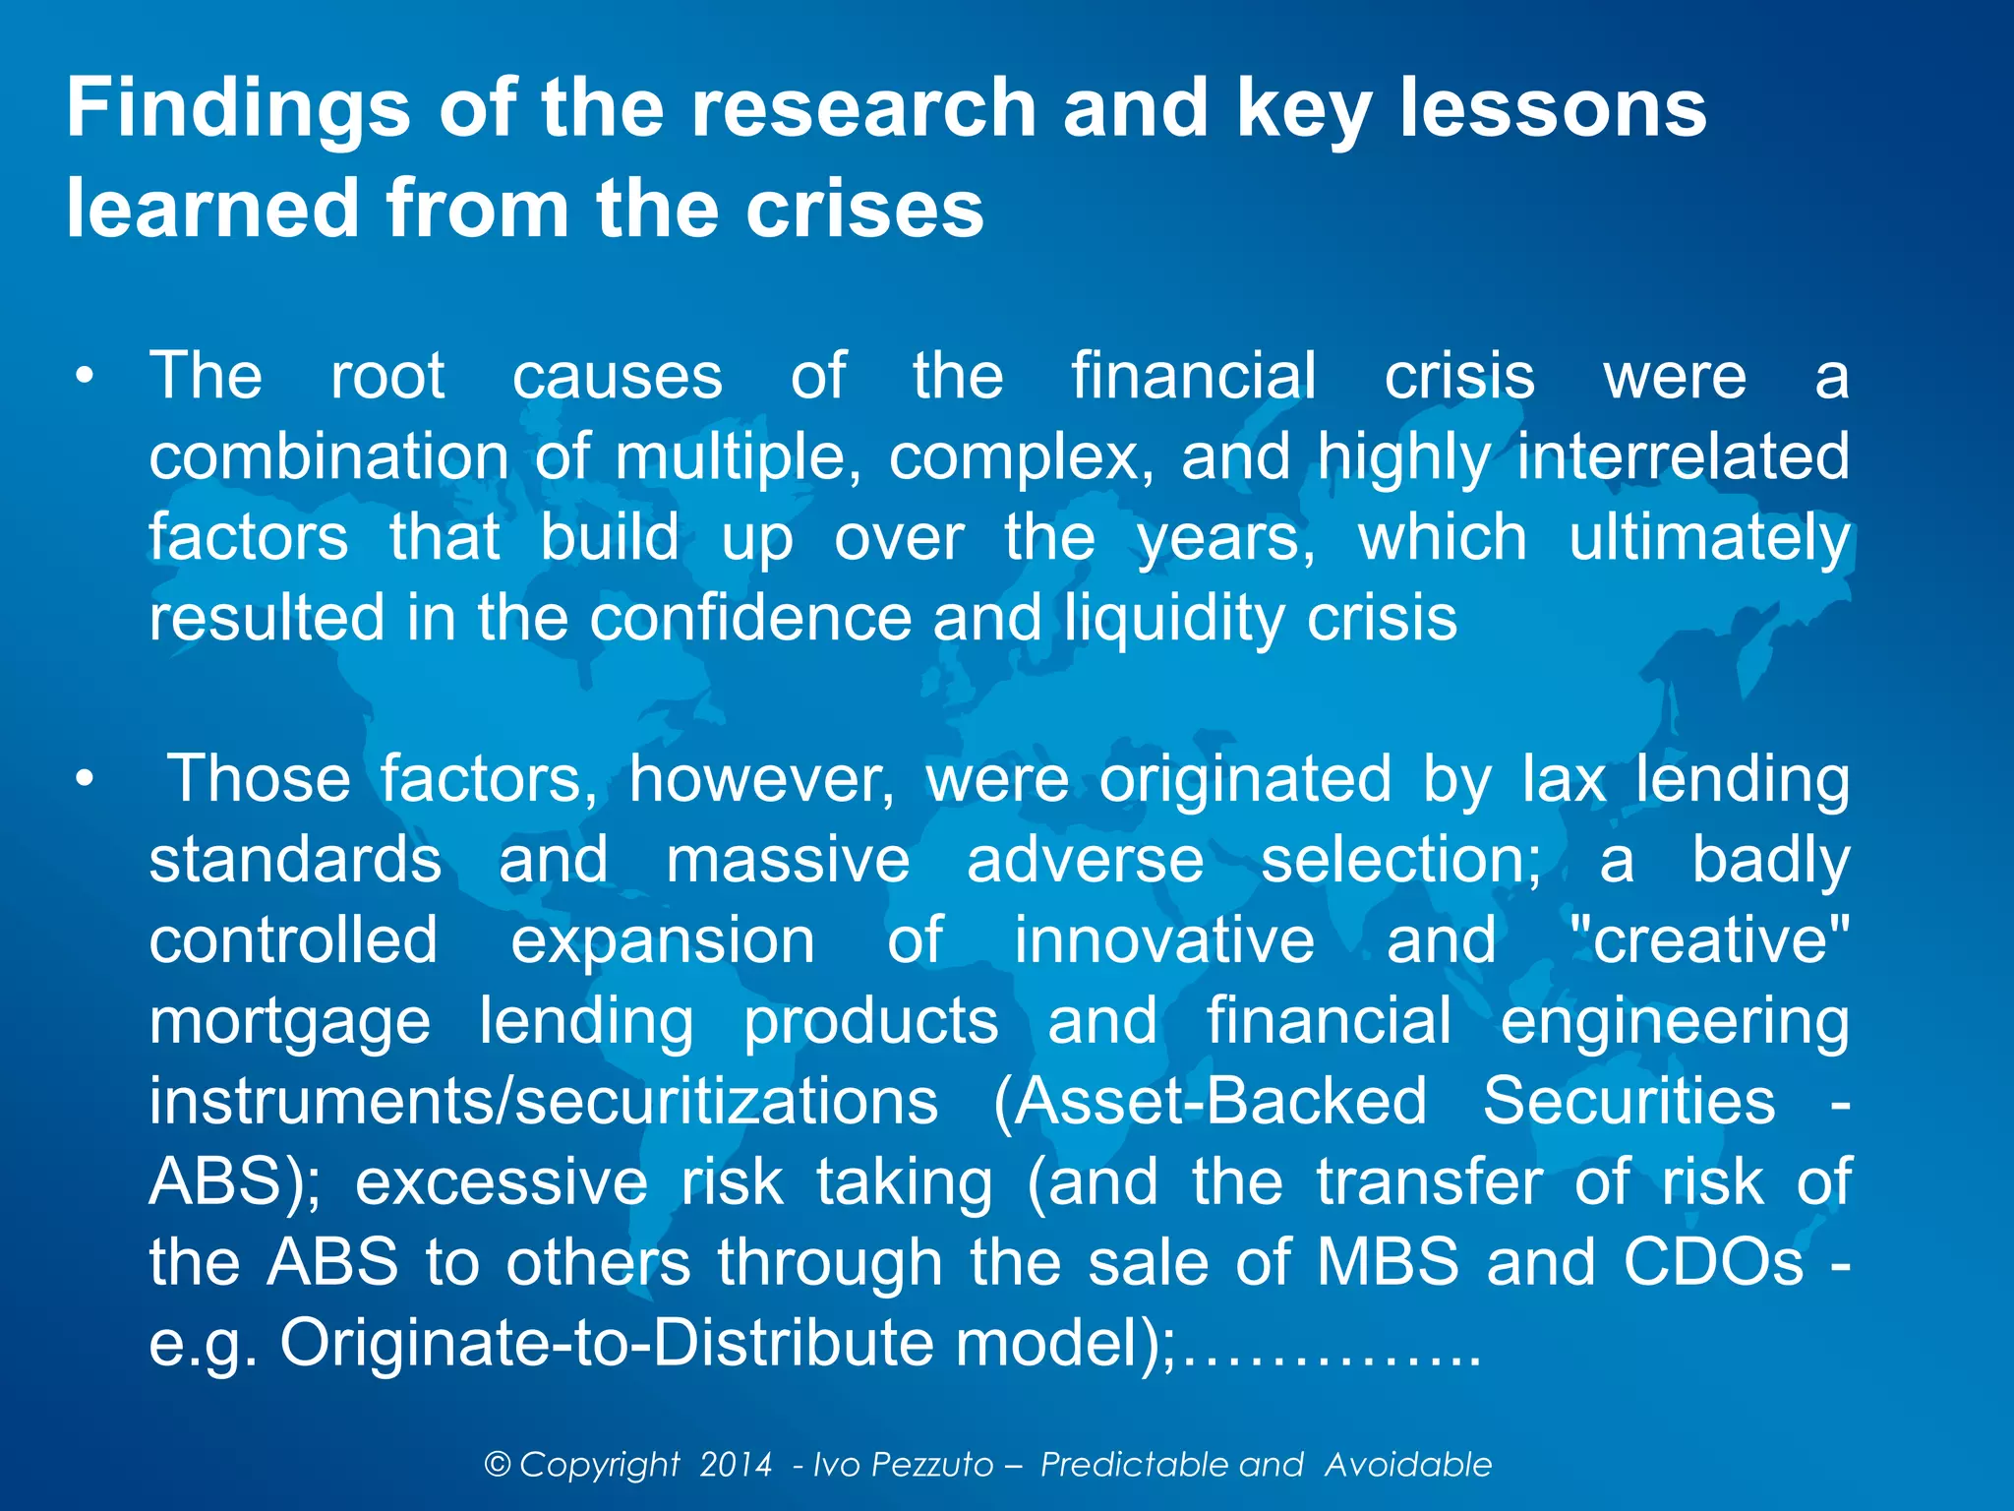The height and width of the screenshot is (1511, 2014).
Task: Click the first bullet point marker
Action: tap(86, 377)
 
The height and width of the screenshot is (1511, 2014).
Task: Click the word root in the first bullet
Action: tap(387, 376)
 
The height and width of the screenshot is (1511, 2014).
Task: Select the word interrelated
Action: tap(1683, 457)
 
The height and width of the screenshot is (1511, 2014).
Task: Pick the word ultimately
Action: tap(1709, 539)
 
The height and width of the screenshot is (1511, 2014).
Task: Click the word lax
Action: tap(1564, 779)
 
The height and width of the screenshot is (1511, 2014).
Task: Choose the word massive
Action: tap(788, 860)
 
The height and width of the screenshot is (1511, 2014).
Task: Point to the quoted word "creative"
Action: tap(1710, 940)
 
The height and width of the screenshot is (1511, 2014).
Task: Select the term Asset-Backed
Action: tap(1210, 1102)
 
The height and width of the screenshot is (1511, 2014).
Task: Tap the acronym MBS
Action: tap(1388, 1262)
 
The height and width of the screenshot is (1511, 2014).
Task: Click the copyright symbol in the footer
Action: tap(498, 1465)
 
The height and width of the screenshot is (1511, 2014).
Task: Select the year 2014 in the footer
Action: tap(736, 1465)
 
